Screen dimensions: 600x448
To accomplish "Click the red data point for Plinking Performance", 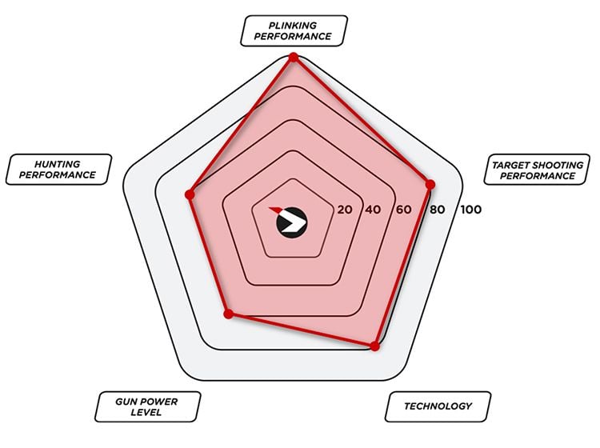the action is tap(294, 58).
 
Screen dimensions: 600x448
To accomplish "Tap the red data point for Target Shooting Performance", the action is tap(430, 185).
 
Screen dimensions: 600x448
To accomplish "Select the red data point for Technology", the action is tap(375, 346).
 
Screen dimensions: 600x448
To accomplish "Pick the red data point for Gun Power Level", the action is tap(229, 314).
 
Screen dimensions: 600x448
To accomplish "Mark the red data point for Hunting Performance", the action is tap(190, 194).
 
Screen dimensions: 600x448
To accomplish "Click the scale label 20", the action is tap(344, 210).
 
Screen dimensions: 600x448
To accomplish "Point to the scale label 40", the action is tap(373, 210).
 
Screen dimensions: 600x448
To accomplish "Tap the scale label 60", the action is tap(404, 210).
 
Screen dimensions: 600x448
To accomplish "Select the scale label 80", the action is tap(437, 210).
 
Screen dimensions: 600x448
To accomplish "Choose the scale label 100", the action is tap(470, 210).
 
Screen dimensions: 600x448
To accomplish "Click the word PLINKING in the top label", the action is tap(293, 26).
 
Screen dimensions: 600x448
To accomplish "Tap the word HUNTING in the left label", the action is tap(58, 164).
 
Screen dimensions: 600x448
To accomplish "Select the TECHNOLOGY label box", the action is tap(438, 406).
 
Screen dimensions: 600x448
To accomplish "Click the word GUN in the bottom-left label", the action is tap(125, 402).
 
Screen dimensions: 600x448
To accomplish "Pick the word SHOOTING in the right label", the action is tap(556, 166).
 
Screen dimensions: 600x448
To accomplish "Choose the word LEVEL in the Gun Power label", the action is tap(146, 413).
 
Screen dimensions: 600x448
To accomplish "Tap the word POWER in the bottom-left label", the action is tap(158, 402).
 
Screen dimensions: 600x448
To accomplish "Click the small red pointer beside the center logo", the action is tap(274, 210).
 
